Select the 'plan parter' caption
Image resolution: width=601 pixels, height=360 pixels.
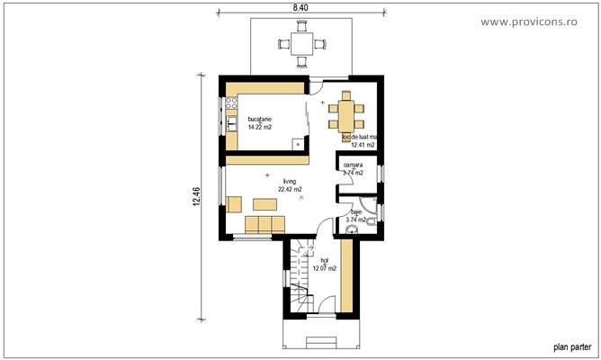pos(570,346)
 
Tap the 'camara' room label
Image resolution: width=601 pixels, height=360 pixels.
pos(353,165)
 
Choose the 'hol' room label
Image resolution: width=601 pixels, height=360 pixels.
pos(324,260)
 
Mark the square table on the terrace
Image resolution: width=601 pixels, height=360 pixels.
pos(299,42)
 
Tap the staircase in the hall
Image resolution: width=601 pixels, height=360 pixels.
pos(300,279)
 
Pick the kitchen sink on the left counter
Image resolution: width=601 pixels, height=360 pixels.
pos(231,123)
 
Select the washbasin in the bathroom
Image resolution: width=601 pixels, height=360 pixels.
pos(351,230)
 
